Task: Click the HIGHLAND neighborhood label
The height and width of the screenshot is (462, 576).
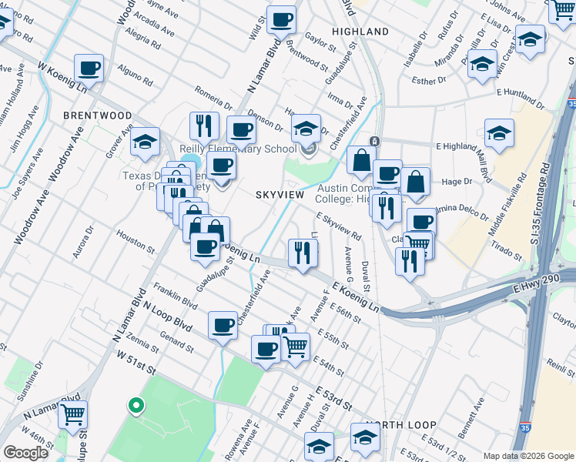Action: [x=360, y=32]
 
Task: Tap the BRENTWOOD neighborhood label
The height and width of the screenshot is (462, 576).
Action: [x=98, y=115]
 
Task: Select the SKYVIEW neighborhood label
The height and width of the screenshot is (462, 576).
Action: [x=280, y=196]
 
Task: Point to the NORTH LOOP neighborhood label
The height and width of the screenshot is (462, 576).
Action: [x=401, y=425]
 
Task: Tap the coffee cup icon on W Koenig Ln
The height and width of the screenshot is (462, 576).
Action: [x=89, y=69]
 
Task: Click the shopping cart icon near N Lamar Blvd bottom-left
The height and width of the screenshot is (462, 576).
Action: [x=72, y=414]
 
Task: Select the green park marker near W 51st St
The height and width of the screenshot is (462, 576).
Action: [x=136, y=405]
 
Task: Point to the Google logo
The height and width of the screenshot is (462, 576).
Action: [x=25, y=453]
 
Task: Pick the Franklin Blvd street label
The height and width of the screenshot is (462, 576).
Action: [x=172, y=296]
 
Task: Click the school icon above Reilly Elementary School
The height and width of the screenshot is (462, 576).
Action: [x=306, y=127]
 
